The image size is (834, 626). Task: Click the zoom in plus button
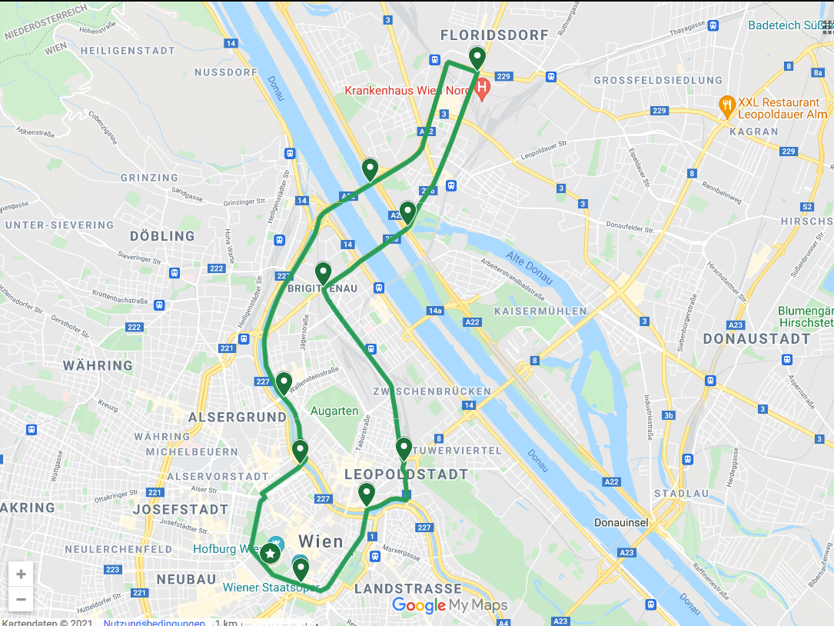[21, 574]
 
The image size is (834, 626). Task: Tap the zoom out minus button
[21, 599]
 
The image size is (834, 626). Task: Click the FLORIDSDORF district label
[494, 35]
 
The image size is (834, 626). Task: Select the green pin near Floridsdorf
[477, 58]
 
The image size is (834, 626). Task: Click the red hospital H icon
[482, 89]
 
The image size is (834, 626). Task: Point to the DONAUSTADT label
[756, 338]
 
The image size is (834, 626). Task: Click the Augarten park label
[334, 411]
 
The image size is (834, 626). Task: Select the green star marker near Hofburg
[270, 553]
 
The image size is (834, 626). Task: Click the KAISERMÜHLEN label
[540, 311]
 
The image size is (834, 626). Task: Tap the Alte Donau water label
[530, 267]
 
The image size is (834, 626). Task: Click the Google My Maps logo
[450, 605]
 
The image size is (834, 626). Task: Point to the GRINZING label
[149, 178]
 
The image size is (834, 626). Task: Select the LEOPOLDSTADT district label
[406, 474]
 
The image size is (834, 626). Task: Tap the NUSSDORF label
[226, 72]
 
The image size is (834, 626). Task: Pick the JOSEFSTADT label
[181, 509]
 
